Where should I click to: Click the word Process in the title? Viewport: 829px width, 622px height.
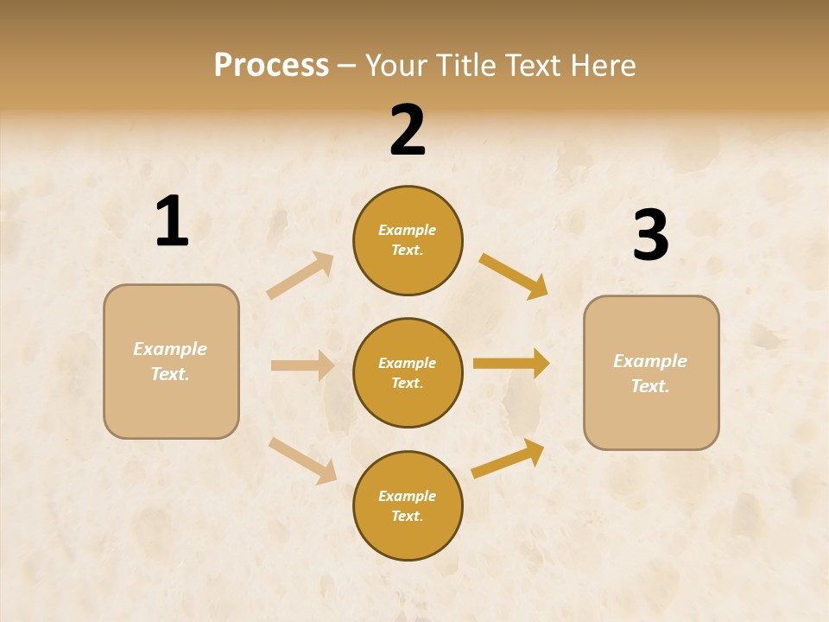pos(271,66)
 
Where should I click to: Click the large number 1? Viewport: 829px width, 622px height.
pos(172,222)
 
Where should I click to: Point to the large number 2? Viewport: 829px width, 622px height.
pos(408,130)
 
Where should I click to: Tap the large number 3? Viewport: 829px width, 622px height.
pos(650,236)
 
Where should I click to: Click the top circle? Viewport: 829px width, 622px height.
pos(408,240)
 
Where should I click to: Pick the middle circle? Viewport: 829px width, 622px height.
pos(408,373)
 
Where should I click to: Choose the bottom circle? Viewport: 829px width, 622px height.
pos(408,506)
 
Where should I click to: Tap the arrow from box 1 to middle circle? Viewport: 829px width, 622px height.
pos(303,365)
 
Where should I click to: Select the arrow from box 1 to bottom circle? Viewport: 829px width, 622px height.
pos(303,460)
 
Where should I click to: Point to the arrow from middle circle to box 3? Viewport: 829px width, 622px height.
pos(511,364)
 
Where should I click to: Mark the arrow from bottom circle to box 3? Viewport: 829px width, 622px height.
pos(508,459)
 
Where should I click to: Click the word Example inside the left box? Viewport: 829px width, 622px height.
pos(170,349)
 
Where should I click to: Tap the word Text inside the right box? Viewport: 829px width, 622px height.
pos(649,386)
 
